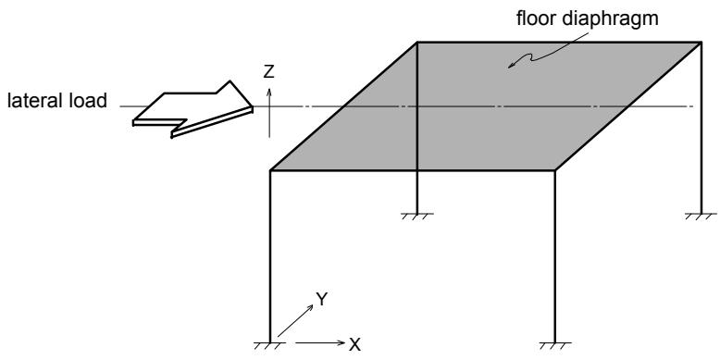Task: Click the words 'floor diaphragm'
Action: click(588, 19)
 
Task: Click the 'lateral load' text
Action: click(57, 101)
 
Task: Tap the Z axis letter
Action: click(268, 71)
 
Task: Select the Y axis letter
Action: click(321, 300)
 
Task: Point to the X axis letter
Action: click(354, 344)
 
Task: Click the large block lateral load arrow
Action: click(192, 109)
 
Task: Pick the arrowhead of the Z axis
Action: click(269, 92)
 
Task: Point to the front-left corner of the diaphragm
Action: click(270, 170)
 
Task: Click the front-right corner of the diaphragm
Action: click(555, 170)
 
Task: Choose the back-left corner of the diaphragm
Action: click(417, 43)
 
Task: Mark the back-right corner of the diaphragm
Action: click(701, 43)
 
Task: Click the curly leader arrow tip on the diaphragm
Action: click(509, 68)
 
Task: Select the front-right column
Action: click(555, 256)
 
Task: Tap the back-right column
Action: click(701, 128)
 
